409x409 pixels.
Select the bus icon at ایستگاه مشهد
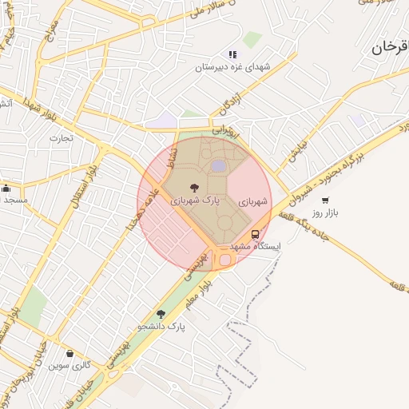255,234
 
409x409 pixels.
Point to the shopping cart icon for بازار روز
324,200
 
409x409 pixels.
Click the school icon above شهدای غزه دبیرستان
232,54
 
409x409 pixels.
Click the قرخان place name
390,49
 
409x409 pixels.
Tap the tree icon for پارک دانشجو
161,314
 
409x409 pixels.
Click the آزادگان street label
227,103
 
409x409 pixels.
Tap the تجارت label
61,137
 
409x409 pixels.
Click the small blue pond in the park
218,165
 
